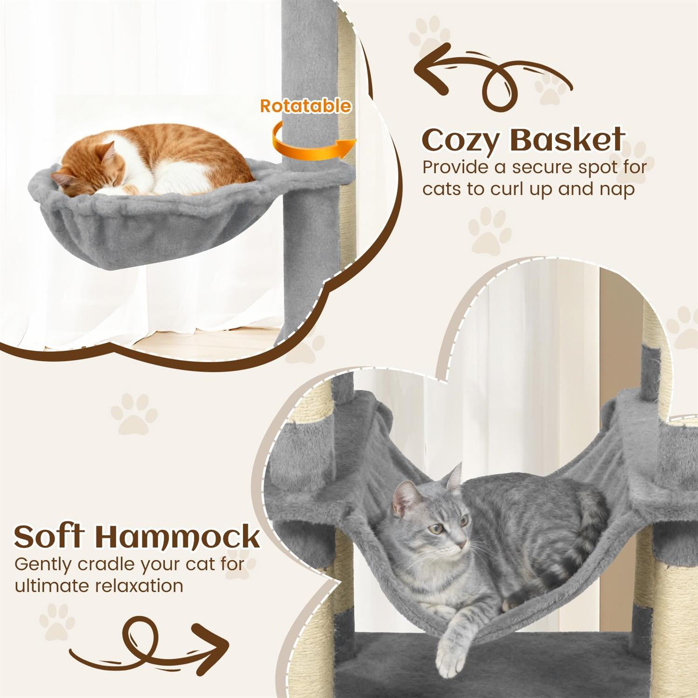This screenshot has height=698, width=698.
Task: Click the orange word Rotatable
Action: [x=305, y=106]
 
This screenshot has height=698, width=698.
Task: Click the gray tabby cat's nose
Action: [x=462, y=544]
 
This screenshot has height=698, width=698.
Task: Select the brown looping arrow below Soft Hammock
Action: [x=149, y=644]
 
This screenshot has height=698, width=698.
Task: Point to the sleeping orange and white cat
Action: [x=154, y=161]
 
